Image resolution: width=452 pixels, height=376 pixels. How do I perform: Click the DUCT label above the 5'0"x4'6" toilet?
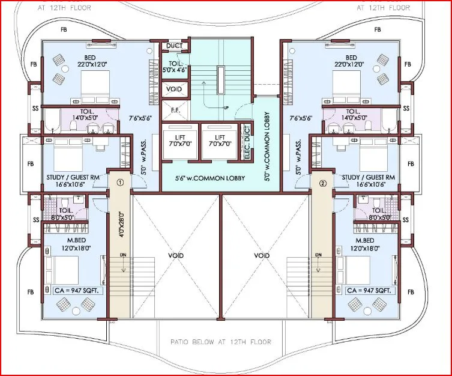pos(175,46)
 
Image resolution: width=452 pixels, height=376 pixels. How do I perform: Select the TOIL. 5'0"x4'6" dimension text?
pos(175,65)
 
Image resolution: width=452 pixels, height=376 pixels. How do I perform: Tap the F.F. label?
pos(175,111)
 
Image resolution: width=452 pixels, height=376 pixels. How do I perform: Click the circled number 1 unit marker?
pos(119,182)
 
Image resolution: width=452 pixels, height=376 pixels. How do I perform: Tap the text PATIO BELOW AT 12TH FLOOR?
pos(226,342)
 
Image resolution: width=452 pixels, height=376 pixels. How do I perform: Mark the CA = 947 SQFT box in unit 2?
pos(370,290)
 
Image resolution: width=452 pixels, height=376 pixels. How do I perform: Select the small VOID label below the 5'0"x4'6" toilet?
pos(175,89)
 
